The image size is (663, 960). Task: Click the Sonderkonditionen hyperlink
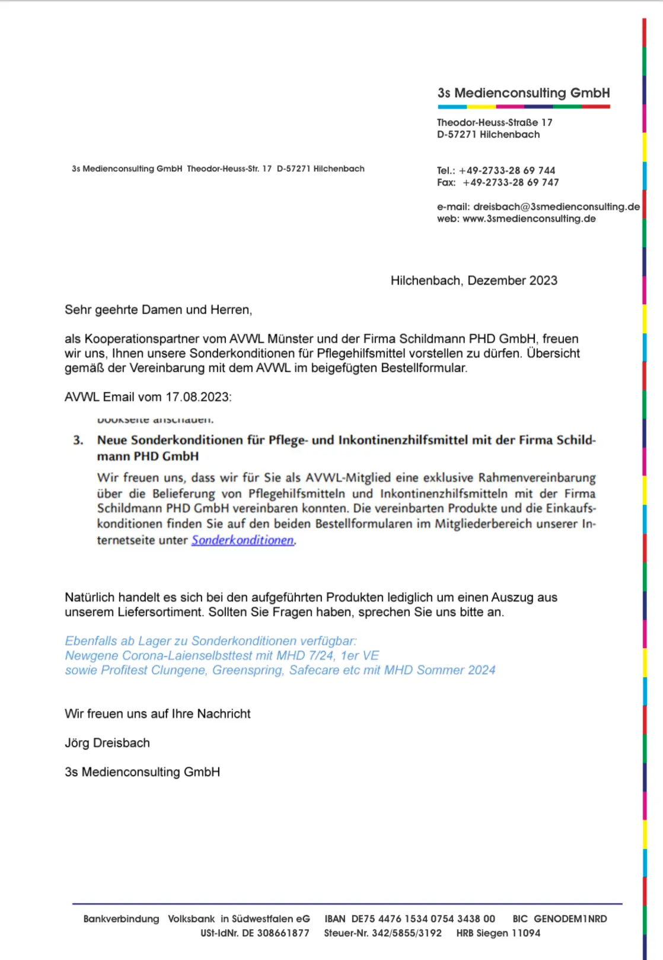tap(243, 540)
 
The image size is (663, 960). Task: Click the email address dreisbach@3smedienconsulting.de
tap(556, 206)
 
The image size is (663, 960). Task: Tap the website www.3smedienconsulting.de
tap(529, 219)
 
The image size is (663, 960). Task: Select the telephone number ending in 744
tap(507, 171)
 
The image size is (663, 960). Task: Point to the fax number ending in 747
tap(511, 183)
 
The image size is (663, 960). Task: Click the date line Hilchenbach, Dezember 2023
tap(474, 280)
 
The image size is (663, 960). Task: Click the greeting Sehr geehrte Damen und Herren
tap(158, 310)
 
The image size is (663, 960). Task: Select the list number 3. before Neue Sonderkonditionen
tap(78, 441)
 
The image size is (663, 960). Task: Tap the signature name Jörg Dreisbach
tap(107, 743)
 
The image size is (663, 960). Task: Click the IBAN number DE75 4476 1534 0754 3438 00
tap(423, 918)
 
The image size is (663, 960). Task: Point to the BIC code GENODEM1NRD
tap(570, 918)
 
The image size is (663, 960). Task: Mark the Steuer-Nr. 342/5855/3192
tap(406, 933)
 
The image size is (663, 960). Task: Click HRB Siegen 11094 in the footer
tap(498, 933)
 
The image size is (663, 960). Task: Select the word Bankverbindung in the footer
tap(121, 918)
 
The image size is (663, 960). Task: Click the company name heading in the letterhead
tap(524, 93)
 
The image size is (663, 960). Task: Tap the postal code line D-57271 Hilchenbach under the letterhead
tap(488, 135)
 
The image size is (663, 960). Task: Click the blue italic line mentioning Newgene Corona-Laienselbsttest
tap(222, 656)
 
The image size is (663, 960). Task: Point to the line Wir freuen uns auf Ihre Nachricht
tap(158, 714)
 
